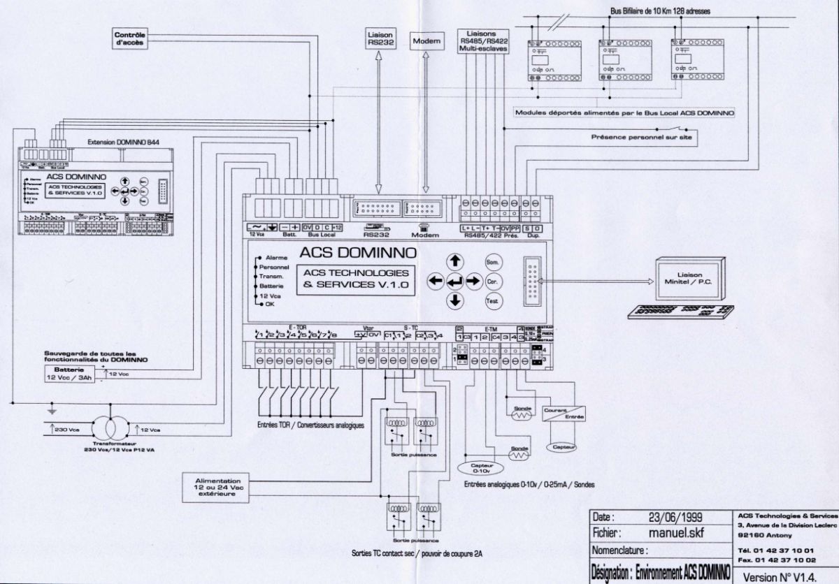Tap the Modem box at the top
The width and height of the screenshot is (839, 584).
click(426, 41)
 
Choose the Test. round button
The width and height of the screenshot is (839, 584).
click(492, 301)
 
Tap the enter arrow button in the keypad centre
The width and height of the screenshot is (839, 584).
click(455, 282)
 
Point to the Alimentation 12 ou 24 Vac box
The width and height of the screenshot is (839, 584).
click(219, 486)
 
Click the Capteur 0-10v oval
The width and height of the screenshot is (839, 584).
click(482, 469)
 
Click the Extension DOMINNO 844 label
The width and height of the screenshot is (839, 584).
click(123, 141)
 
